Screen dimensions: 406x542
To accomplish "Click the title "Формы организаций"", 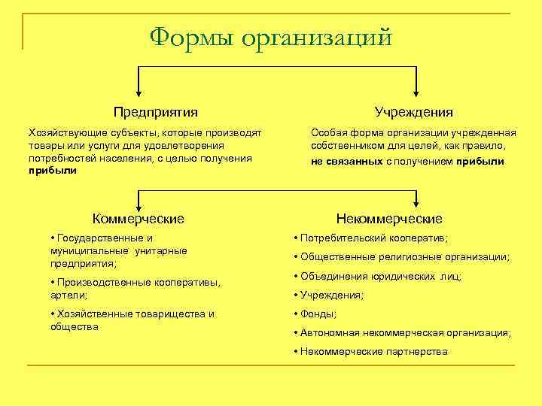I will click(x=270, y=37).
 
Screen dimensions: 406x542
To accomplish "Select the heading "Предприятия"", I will click(x=156, y=112).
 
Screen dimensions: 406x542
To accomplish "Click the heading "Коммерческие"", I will click(x=138, y=219).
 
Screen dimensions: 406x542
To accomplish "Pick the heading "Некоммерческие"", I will click(x=389, y=219).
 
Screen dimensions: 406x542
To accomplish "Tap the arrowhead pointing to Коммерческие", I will click(x=137, y=203).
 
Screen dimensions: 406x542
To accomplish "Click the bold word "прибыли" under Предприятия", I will click(x=52, y=171).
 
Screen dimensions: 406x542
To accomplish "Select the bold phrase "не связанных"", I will click(x=347, y=162).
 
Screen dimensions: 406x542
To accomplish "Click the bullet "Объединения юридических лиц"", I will click(x=381, y=276).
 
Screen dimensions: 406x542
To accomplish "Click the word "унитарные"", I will click(x=162, y=250).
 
